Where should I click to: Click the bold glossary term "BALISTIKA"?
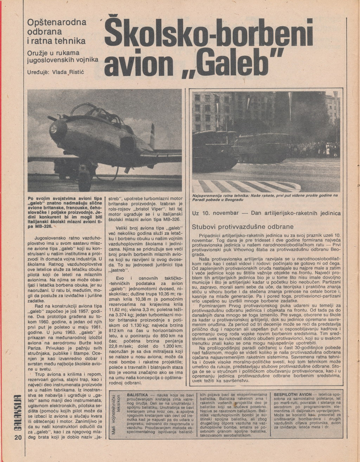[x=137, y=395]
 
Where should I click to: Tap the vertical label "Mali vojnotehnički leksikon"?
[x=116, y=416]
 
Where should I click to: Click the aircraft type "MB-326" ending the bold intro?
[x=43, y=227]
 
